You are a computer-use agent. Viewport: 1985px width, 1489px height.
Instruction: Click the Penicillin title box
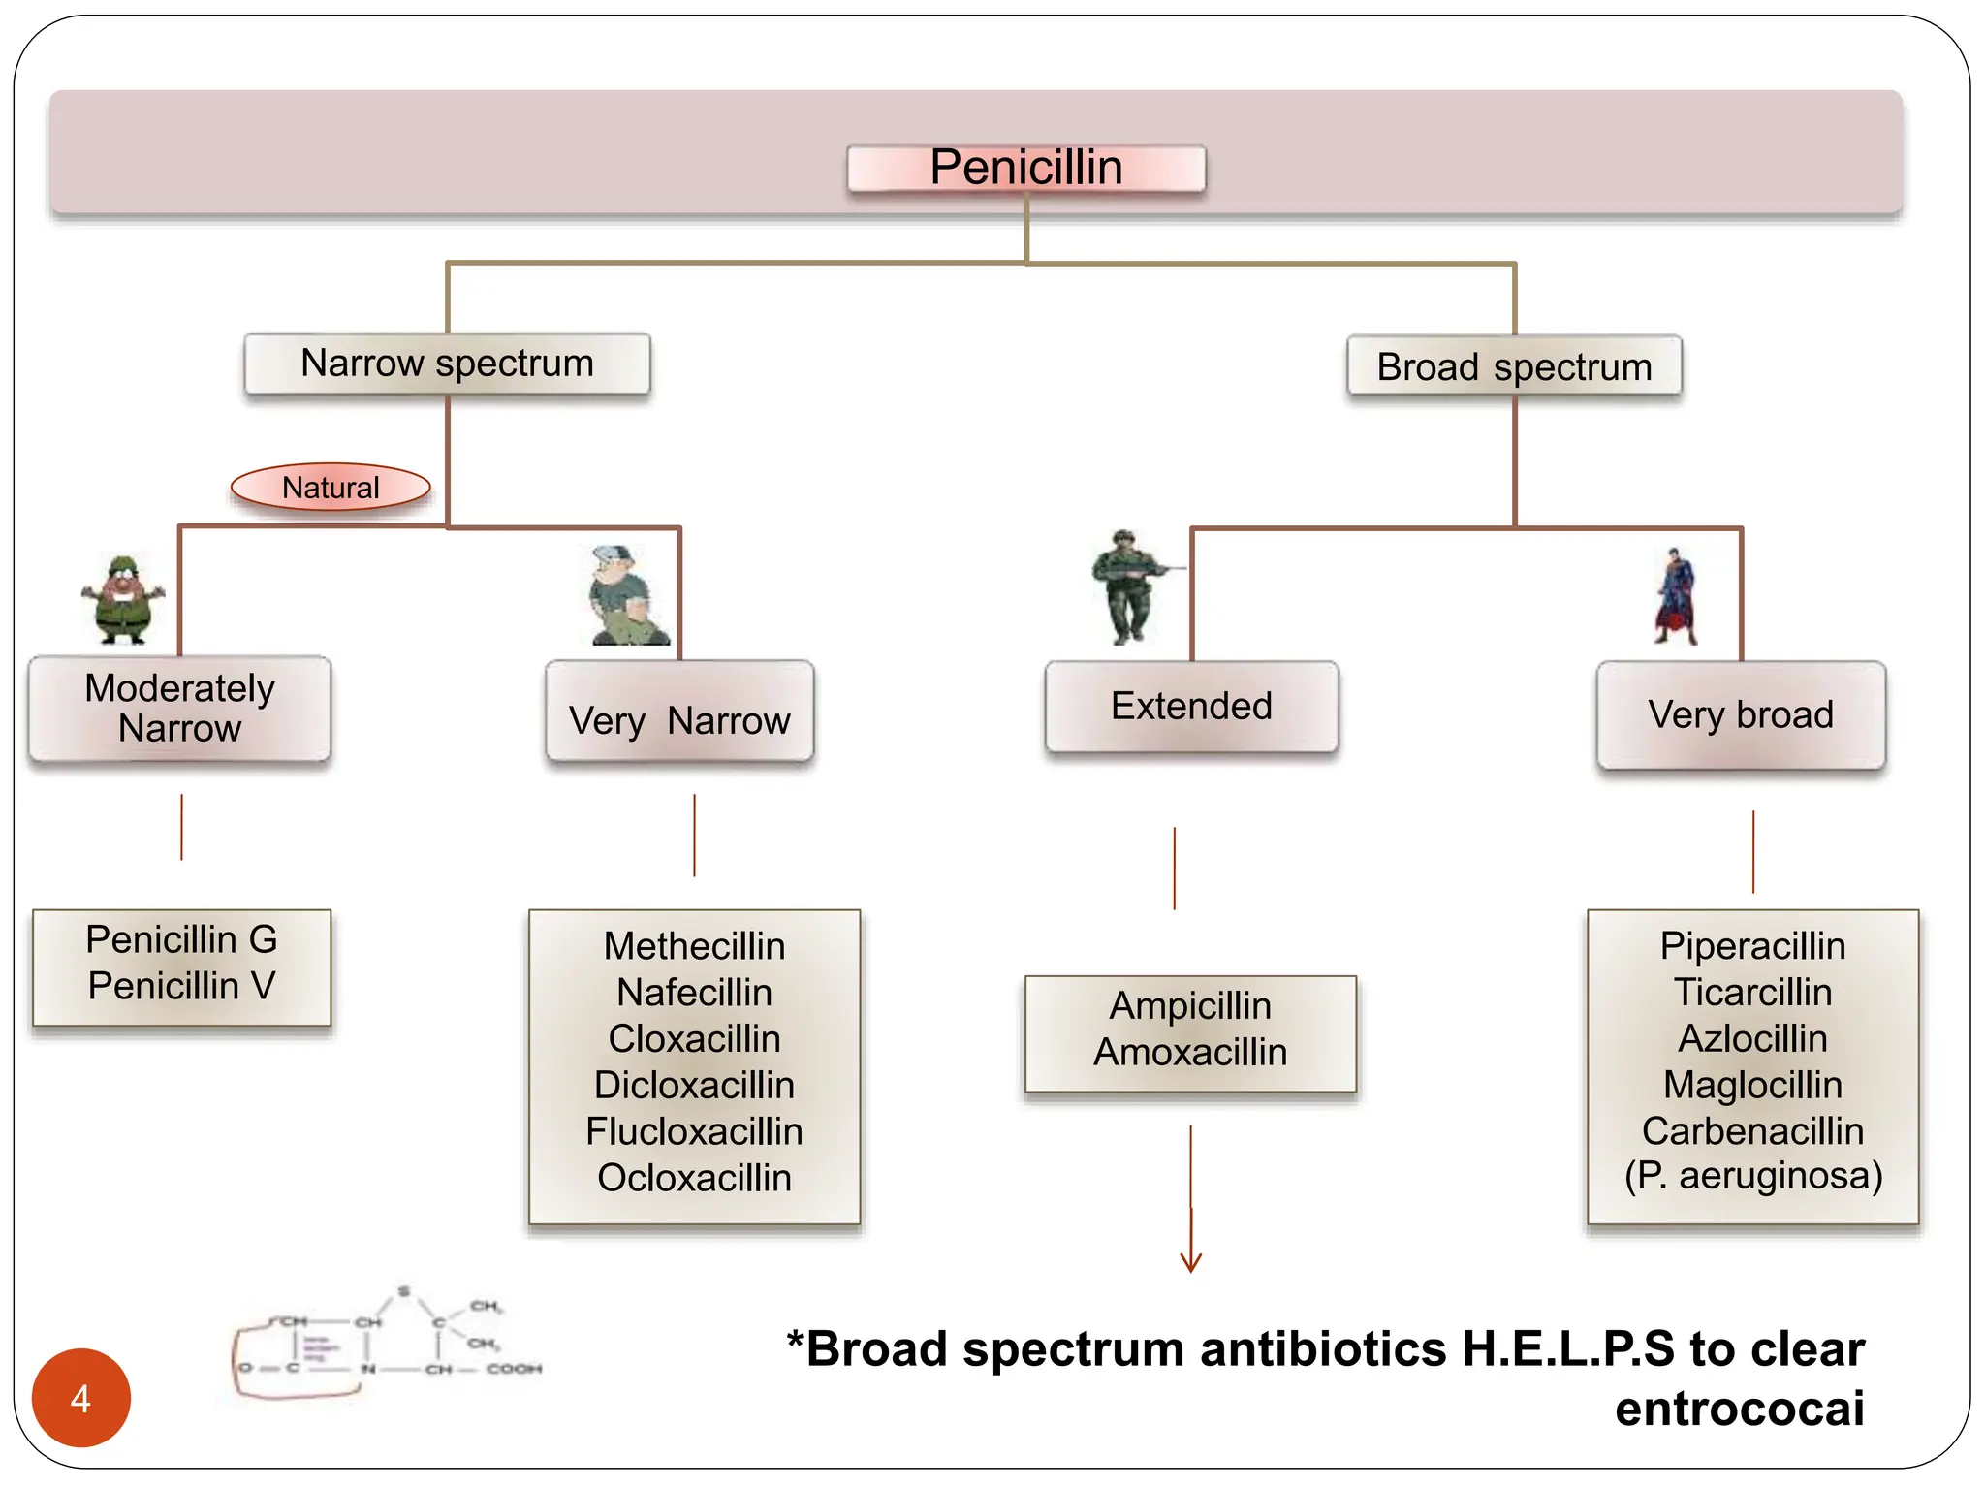(1025, 168)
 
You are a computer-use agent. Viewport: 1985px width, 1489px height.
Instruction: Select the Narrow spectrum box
(447, 364)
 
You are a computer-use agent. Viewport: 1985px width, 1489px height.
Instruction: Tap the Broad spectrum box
(1514, 366)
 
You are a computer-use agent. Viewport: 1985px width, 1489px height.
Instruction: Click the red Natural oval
(331, 487)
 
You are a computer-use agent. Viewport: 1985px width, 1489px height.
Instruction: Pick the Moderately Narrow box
(180, 709)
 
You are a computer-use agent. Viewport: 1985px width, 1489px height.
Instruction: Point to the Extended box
(1191, 707)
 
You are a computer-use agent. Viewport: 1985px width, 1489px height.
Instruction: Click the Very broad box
(1741, 714)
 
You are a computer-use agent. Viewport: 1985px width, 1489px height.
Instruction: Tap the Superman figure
(1676, 596)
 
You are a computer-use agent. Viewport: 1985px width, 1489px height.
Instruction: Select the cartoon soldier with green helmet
(123, 600)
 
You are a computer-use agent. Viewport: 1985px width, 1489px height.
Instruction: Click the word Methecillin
(694, 946)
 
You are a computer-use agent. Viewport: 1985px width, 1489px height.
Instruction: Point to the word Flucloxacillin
(694, 1131)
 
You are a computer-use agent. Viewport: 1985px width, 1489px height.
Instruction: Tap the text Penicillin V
(181, 986)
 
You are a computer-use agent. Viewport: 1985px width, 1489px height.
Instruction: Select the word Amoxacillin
(1190, 1052)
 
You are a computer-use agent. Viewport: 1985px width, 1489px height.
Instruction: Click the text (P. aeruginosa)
(1752, 1176)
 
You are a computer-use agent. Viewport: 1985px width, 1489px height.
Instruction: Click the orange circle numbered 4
(81, 1397)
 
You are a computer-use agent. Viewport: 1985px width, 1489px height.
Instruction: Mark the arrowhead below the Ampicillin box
(1190, 1262)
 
